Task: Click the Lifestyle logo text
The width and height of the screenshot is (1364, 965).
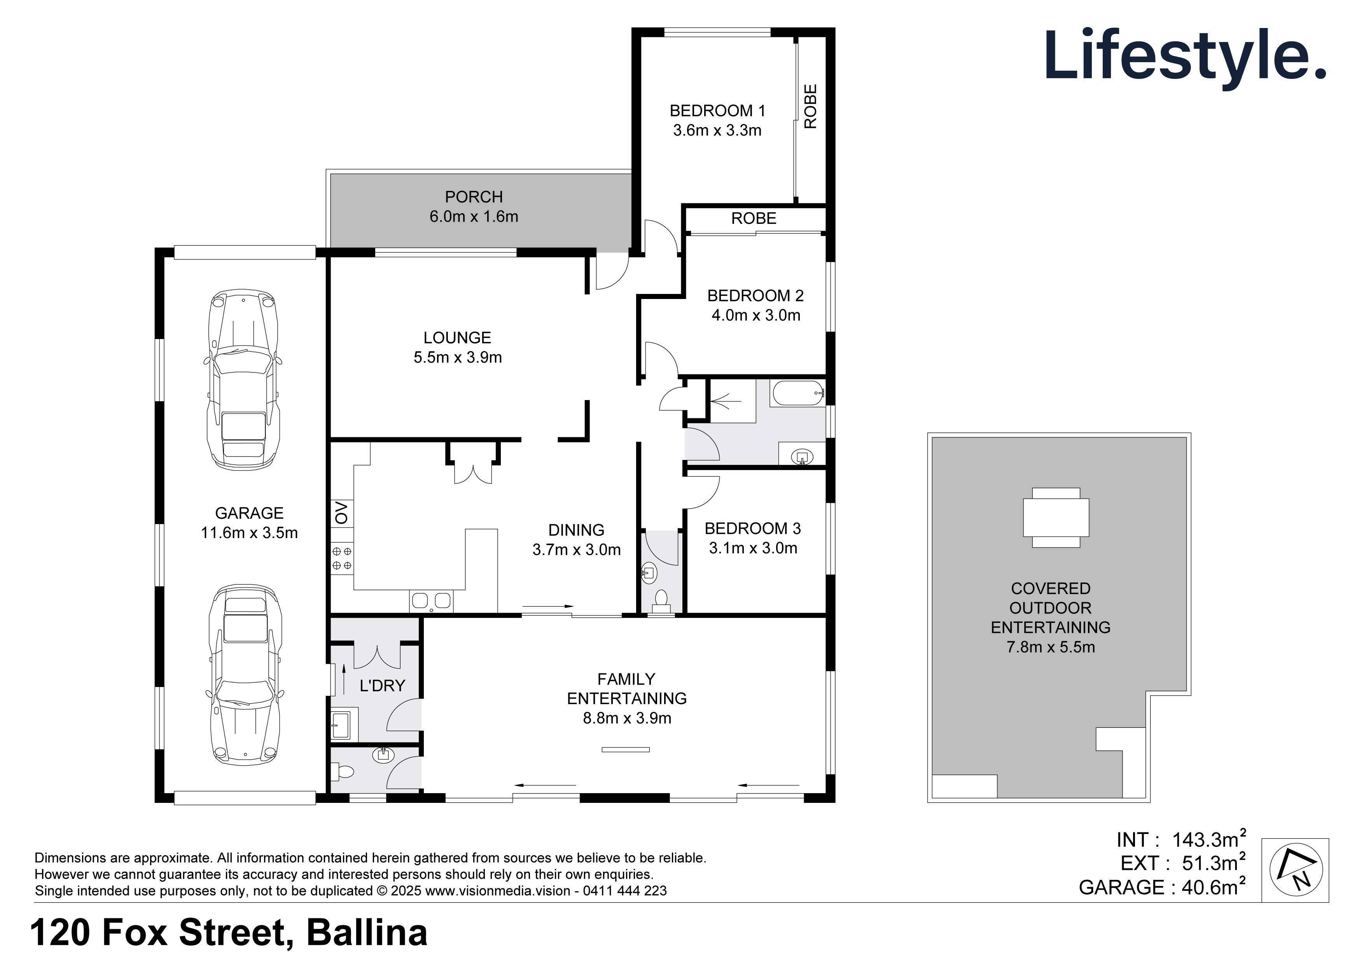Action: (x=1185, y=56)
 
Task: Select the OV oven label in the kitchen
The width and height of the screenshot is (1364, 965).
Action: (x=342, y=512)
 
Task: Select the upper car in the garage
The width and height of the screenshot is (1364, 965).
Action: (x=243, y=380)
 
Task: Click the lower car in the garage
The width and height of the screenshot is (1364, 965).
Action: (x=243, y=675)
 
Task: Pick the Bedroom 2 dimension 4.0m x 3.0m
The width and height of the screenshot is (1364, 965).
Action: (x=755, y=316)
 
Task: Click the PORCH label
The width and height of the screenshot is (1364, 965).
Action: (x=474, y=197)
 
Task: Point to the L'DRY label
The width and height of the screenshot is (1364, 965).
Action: (x=382, y=686)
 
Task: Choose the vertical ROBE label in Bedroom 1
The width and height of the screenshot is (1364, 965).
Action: (x=810, y=107)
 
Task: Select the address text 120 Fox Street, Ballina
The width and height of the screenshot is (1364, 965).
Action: (x=229, y=933)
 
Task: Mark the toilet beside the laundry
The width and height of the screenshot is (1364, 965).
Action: (x=343, y=773)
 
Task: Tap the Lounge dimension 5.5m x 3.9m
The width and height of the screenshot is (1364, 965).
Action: (x=457, y=358)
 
